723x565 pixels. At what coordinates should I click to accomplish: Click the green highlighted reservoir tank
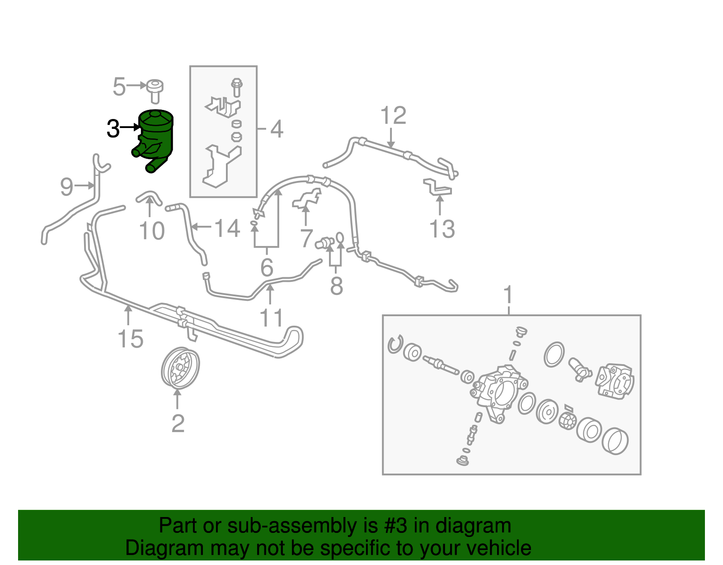coord(156,136)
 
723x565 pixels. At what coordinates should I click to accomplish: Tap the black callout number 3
coord(113,129)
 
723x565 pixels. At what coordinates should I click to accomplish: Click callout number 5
coord(119,87)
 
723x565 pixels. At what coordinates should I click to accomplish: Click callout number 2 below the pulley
coord(178,424)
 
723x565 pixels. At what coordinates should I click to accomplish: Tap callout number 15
coord(131,339)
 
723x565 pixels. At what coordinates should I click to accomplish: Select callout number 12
coord(393,116)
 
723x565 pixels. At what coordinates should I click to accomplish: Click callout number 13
coord(442,229)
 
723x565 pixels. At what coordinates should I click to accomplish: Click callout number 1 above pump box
coord(508,295)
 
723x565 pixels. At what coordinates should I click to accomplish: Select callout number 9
coord(66,186)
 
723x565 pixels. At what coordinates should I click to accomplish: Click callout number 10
coord(152,231)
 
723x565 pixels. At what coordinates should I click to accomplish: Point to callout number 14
coord(227,228)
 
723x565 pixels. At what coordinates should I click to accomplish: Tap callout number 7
coord(306,238)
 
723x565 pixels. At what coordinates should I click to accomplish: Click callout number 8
coord(336,286)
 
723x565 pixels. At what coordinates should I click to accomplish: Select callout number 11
coord(271,318)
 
